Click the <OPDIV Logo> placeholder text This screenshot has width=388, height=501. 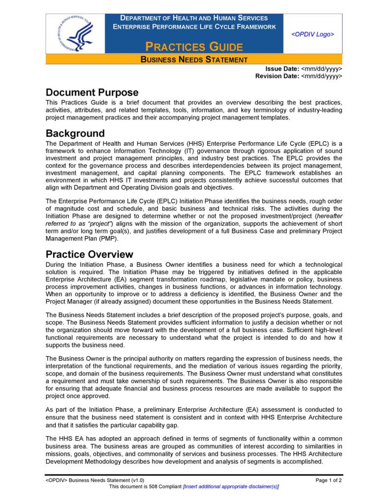pyautogui.click(x=312, y=34)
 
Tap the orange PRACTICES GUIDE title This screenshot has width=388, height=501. pyautogui.click(x=194, y=47)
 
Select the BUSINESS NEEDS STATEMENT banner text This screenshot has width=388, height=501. pyautogui.click(x=194, y=60)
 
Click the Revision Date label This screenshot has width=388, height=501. pyautogui.click(x=277, y=76)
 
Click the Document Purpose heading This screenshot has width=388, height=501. pyautogui.click(x=92, y=93)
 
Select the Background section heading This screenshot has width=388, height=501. pyautogui.click(x=75, y=133)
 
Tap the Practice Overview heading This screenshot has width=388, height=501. pyautogui.click(x=89, y=254)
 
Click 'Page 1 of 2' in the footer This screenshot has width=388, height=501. pyautogui.click(x=329, y=480)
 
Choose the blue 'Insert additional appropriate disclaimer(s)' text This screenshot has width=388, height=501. pyautogui.click(x=231, y=486)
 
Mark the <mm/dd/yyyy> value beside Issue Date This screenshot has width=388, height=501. pyautogui.click(x=321, y=69)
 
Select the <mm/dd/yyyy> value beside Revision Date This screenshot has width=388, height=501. pyautogui.click(x=321, y=76)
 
